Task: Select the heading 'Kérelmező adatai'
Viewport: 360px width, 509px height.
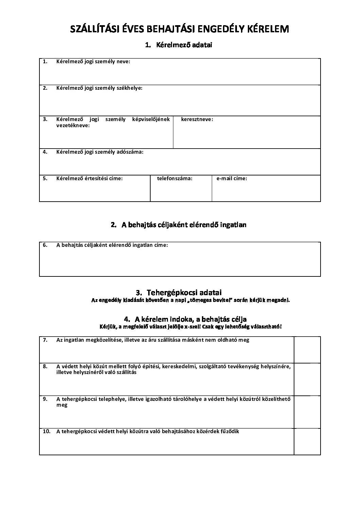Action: [x=184, y=45]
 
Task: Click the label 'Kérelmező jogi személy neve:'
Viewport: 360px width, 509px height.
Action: [x=93, y=62]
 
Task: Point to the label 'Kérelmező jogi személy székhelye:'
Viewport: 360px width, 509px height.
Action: [x=99, y=88]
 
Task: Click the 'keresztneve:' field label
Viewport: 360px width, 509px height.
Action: [x=197, y=119]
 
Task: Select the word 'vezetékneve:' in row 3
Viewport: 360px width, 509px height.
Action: [x=73, y=125]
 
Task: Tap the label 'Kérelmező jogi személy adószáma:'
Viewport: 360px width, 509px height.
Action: [x=100, y=152]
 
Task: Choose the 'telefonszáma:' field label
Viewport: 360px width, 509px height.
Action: [x=175, y=178]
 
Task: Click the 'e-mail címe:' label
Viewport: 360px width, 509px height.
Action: [x=232, y=178]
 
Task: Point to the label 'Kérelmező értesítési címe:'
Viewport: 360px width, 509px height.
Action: [x=89, y=178]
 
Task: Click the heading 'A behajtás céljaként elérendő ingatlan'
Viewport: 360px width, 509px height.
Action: [x=184, y=225]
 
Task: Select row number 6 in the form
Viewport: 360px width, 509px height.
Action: [x=45, y=245]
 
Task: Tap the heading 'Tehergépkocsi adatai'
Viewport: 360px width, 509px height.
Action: [x=184, y=292]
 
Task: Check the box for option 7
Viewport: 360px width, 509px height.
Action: [x=307, y=350]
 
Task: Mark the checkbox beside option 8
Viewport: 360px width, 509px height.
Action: [x=307, y=379]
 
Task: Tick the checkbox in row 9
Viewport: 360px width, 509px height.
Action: [x=307, y=411]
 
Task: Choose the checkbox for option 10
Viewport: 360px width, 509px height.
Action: [x=307, y=441]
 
